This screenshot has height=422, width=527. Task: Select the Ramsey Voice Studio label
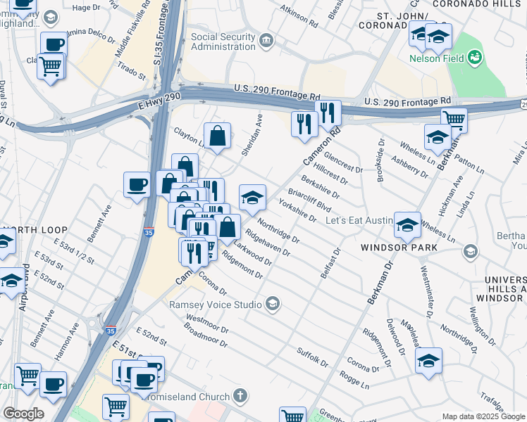[216, 305]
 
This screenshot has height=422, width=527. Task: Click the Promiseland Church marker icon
[241, 396]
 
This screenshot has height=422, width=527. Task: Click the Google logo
[23, 414]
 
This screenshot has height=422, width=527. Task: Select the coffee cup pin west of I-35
[137, 185]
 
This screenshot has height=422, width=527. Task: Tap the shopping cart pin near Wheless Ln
[454, 120]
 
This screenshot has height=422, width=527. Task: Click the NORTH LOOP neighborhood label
[35, 230]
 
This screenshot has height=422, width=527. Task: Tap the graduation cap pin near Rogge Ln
[428, 359]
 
